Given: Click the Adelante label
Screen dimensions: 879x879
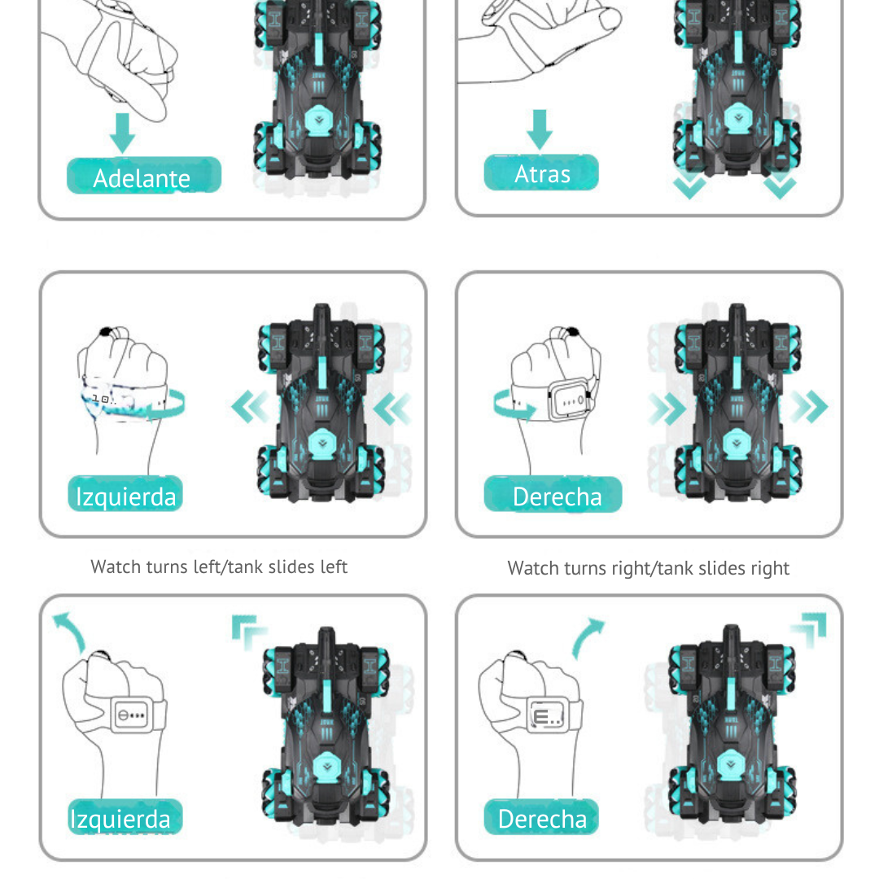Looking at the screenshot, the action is pos(143,176).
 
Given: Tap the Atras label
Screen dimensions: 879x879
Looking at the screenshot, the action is pos(541,173).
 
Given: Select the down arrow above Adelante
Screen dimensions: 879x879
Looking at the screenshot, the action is pos(122,133).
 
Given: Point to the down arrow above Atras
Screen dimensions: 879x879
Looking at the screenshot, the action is pos(540,129).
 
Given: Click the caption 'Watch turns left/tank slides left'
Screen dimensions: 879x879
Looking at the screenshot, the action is pos(219,566).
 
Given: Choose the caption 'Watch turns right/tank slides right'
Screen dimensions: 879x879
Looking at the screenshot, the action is pos(648,568).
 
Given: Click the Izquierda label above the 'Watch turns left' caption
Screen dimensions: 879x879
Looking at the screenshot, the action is pos(125,494).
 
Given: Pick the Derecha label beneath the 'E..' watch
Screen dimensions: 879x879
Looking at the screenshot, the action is pos(541,817).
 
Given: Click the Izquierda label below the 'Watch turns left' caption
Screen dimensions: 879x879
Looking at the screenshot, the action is pos(125,817).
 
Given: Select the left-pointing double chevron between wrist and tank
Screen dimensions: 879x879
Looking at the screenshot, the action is pos(250,407).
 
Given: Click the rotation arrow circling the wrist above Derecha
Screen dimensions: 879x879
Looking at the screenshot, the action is pos(513,405).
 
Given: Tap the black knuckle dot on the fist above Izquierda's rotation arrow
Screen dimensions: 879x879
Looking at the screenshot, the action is pos(106,332).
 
